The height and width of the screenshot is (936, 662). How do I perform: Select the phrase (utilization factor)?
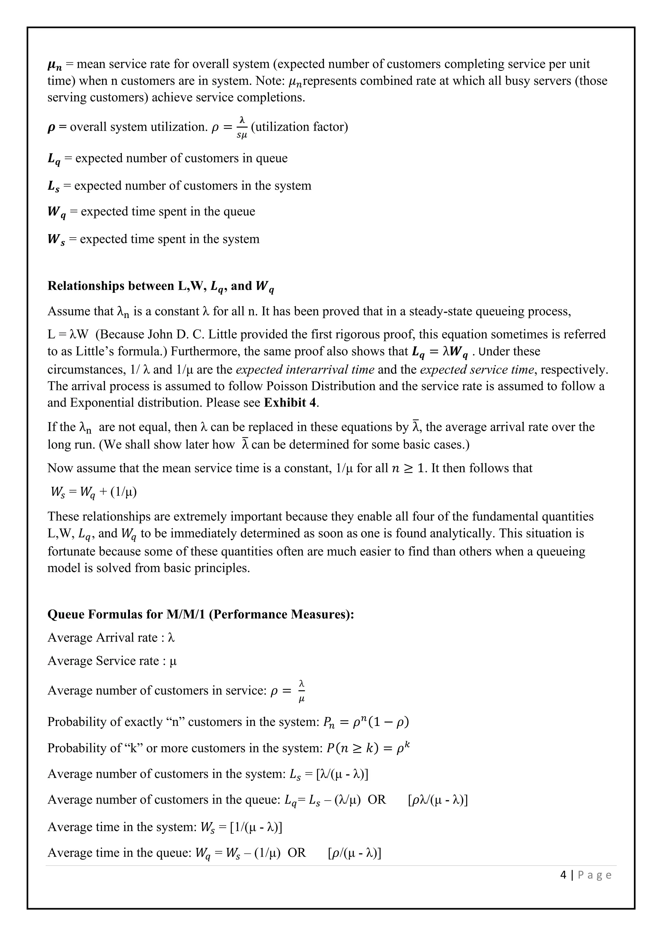[300, 127]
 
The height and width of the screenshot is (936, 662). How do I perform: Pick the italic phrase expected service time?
[476, 369]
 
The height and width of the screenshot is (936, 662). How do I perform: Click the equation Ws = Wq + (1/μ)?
[93, 492]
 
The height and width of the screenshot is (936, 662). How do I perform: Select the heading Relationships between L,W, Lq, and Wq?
[161, 286]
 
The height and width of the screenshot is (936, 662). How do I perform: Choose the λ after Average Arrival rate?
[171, 638]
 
